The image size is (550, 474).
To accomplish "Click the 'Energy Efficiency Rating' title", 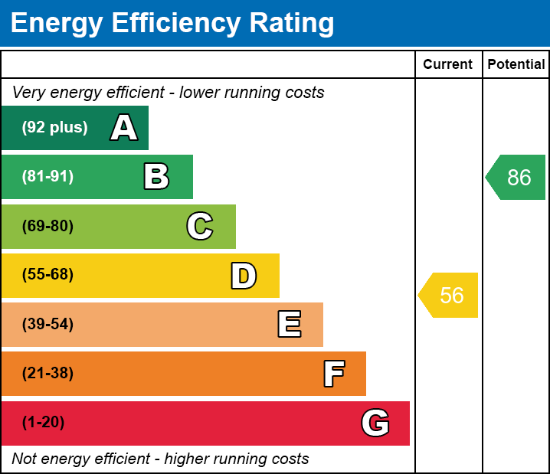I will pyautogui.click(x=172, y=24).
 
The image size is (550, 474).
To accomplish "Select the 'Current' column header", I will pyautogui.click(x=448, y=65).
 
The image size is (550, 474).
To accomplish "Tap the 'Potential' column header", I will pyautogui.click(x=516, y=65).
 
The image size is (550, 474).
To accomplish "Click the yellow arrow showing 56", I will pyautogui.click(x=450, y=295).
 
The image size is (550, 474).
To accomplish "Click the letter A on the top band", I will pyautogui.click(x=123, y=128).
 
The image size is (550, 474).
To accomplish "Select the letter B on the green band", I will pyautogui.click(x=156, y=177).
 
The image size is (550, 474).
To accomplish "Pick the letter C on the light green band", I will pyautogui.click(x=200, y=226).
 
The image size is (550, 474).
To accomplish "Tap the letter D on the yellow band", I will pyautogui.click(x=244, y=276).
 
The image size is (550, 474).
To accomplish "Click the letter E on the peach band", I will pyautogui.click(x=289, y=325).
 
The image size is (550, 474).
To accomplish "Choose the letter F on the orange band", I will pyautogui.click(x=333, y=374).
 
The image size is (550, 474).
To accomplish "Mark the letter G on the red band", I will pyautogui.click(x=375, y=423).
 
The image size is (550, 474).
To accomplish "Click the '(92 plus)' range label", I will pyautogui.click(x=54, y=128).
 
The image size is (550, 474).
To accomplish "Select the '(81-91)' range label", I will pyautogui.click(x=47, y=177).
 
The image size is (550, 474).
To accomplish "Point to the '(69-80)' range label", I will pyautogui.click(x=47, y=226).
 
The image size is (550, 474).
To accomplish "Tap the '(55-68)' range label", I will pyautogui.click(x=47, y=275).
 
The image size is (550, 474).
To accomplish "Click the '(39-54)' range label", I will pyautogui.click(x=47, y=325).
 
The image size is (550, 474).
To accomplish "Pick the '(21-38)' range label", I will pyautogui.click(x=47, y=374).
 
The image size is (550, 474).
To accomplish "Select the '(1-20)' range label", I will pyautogui.click(x=44, y=423).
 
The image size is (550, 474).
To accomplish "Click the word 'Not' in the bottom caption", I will pyautogui.click(x=25, y=459).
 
